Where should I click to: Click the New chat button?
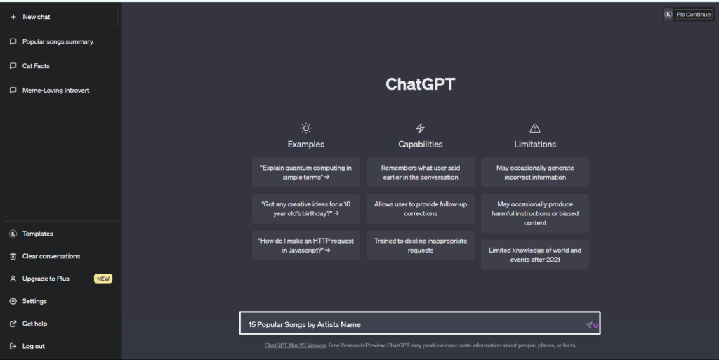pos(60,17)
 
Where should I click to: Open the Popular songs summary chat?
pos(58,41)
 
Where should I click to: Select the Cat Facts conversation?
pos(36,66)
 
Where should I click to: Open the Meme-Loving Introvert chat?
pos(56,91)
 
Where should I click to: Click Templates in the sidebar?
pos(38,234)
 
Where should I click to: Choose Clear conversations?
pos(51,256)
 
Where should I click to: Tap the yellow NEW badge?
pos(103,279)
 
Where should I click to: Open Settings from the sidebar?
pos(34,301)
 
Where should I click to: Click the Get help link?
pos(34,324)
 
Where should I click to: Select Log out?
pos(34,346)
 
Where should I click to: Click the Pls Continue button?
pos(693,14)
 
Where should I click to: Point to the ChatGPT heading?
pos(420,84)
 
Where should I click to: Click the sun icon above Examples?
pos(306,128)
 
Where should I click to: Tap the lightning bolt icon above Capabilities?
pos(420,128)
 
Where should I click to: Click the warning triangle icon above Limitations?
pos(534,128)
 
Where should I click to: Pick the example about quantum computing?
pos(306,172)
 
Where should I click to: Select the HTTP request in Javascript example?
pos(306,246)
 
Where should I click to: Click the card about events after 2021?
pos(534,255)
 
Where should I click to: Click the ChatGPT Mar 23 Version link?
pos(296,345)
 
